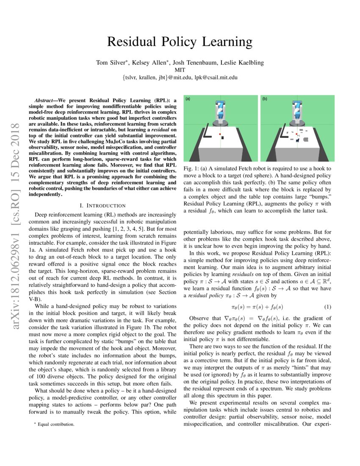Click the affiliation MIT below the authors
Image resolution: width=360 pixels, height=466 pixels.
180,70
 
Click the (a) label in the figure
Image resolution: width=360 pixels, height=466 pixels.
188,99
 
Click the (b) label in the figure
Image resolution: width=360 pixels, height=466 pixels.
265,99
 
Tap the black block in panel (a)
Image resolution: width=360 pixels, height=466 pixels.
223,138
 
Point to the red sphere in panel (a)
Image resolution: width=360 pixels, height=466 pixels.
219,134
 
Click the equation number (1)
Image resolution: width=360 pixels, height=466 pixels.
327,307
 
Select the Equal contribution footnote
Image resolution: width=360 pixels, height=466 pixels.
55,424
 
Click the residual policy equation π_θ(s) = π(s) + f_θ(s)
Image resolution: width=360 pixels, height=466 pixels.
257,307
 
